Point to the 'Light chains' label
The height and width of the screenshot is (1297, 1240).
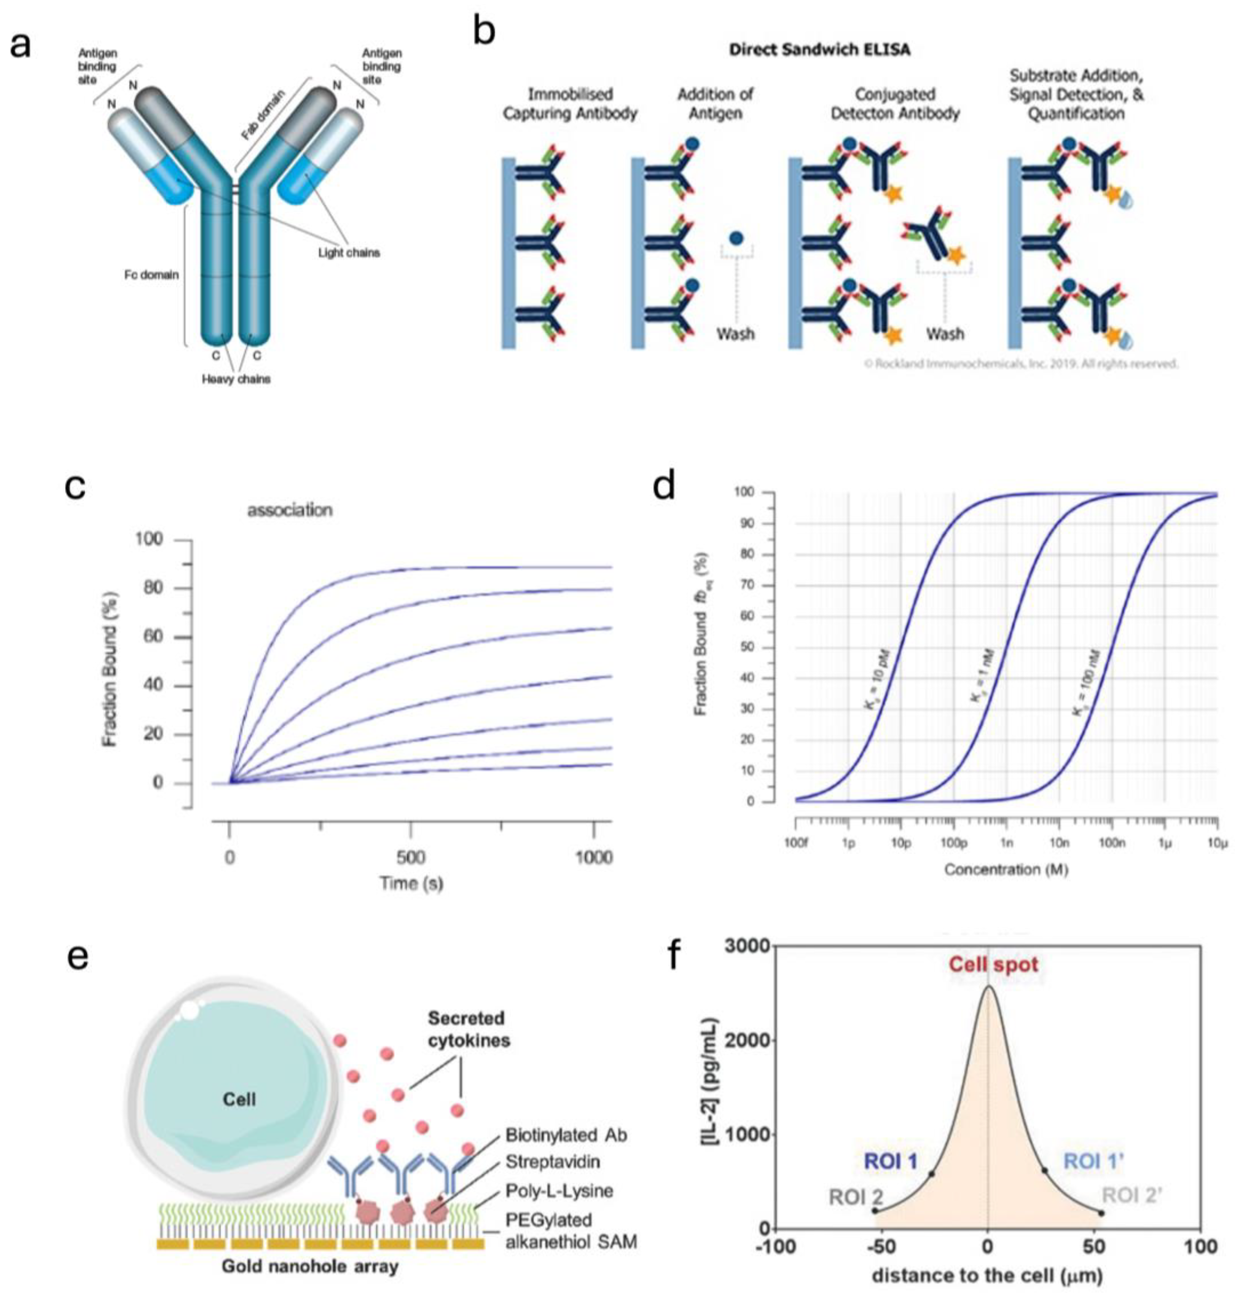pyautogui.click(x=349, y=253)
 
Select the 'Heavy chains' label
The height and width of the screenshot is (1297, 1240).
pyautogui.click(x=236, y=379)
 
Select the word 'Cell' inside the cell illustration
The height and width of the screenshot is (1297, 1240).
pyautogui.click(x=239, y=1099)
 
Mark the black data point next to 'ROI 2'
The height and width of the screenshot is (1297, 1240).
pyautogui.click(x=875, y=1211)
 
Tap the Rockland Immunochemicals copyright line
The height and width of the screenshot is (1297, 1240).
pyautogui.click(x=1021, y=363)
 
